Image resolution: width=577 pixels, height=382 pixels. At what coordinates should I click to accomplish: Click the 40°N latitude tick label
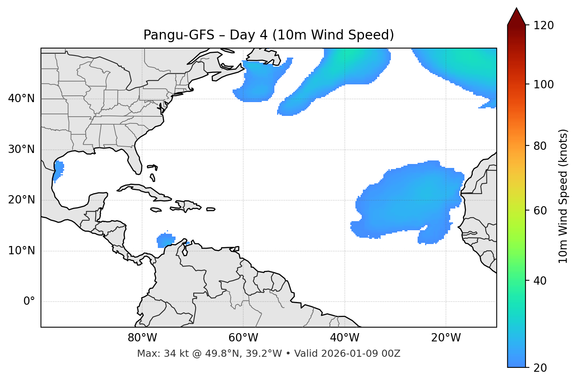tap(21, 99)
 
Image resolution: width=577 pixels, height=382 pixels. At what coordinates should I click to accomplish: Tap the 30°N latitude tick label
tap(21, 149)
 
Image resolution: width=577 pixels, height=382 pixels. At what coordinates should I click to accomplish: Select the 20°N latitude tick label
tap(21, 200)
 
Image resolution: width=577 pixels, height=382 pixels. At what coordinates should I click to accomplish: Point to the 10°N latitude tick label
tap(21, 251)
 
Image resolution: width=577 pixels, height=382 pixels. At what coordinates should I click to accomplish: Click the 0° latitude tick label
tap(29, 302)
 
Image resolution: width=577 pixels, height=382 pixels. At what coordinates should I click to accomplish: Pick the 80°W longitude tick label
tap(142, 338)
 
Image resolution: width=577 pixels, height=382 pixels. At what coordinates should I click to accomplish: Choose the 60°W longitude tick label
tap(243, 338)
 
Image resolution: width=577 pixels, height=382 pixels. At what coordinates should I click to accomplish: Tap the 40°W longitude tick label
tap(344, 338)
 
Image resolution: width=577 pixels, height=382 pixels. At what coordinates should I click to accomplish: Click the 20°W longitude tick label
tap(446, 338)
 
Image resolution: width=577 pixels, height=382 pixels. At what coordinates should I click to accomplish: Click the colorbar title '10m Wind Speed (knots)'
tap(563, 196)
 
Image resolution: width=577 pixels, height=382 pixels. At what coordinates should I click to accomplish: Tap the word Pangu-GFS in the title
tap(179, 35)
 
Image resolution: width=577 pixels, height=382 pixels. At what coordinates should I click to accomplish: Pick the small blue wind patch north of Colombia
tap(166, 240)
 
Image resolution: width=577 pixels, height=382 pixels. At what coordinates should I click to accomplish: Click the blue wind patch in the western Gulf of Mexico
tap(59, 170)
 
